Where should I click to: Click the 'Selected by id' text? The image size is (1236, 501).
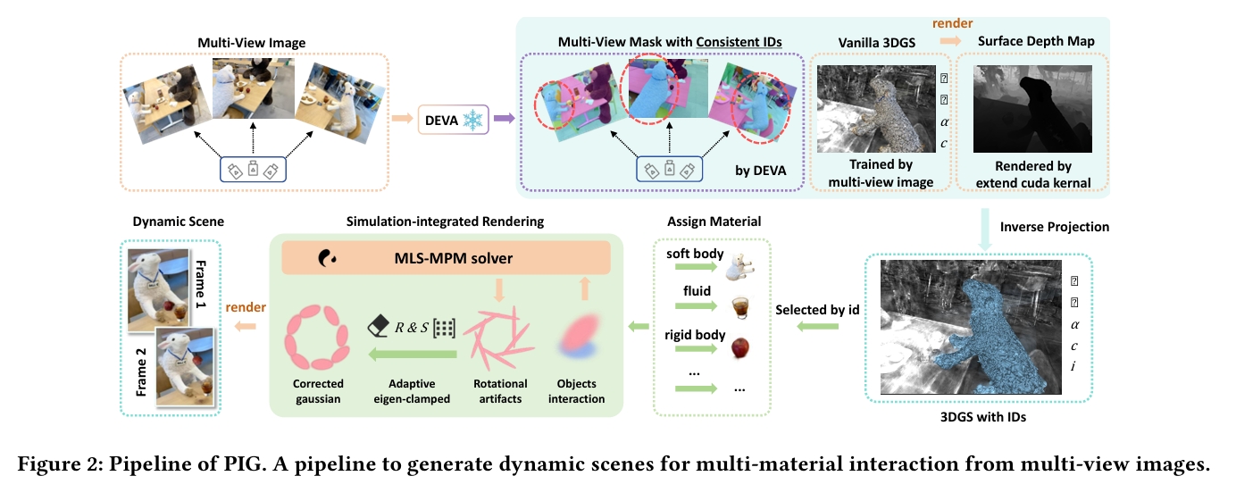pyautogui.click(x=817, y=309)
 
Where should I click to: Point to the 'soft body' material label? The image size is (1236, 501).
pyautogui.click(x=695, y=254)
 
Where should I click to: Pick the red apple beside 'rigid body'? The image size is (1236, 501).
pyautogui.click(x=739, y=347)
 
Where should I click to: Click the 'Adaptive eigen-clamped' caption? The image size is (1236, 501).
pyautogui.click(x=413, y=391)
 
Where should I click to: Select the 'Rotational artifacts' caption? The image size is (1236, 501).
pyautogui.click(x=497, y=391)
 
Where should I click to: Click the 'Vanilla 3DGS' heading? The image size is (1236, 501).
pyautogui.click(x=874, y=41)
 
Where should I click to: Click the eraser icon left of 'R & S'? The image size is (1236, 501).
pyautogui.click(x=377, y=327)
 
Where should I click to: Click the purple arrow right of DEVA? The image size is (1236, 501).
pyautogui.click(x=505, y=118)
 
